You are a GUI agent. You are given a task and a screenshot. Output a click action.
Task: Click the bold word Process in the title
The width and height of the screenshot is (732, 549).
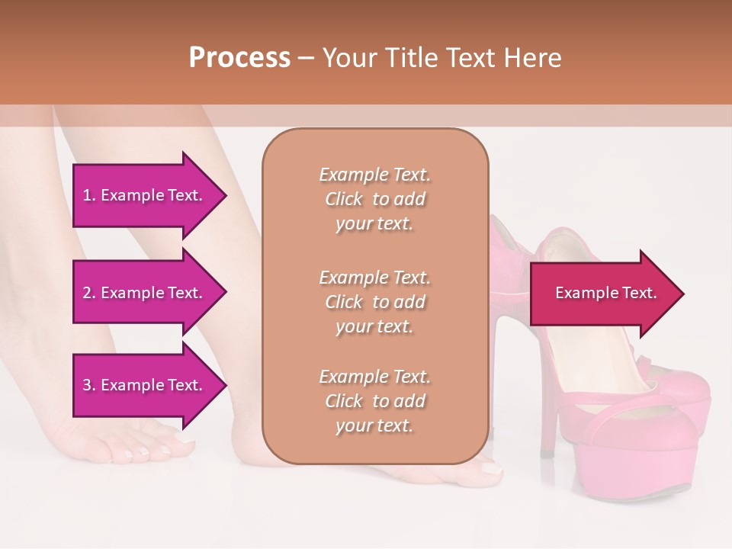pos(239,58)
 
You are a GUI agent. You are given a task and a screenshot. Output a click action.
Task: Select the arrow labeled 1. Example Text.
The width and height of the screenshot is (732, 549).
pos(145,195)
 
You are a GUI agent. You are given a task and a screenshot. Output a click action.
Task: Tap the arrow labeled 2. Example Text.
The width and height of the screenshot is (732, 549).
pos(145,293)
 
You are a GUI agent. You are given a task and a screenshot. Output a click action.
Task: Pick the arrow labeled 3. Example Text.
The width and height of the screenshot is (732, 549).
pos(145,385)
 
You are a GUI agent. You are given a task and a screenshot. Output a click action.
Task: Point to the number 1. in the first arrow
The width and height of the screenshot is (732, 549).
pos(88,195)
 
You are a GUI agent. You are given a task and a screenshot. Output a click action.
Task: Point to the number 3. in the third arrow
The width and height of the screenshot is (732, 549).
pos(88,385)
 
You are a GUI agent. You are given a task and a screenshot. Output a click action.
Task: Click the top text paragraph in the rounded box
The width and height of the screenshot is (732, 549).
pos(374,199)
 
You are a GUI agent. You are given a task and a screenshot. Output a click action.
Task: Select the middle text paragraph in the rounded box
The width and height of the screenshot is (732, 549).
pos(374,302)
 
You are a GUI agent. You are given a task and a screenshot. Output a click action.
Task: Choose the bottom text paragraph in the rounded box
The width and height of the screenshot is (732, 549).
pos(374,401)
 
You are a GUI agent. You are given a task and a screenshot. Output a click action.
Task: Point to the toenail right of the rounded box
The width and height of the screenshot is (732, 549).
pos(494,470)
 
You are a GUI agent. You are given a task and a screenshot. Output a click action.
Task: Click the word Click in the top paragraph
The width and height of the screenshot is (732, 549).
pos(344,199)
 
